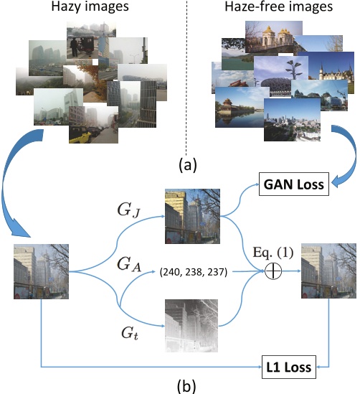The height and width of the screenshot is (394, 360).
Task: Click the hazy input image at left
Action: [x=42, y=271]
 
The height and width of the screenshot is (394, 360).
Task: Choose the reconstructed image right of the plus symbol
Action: [x=327, y=271]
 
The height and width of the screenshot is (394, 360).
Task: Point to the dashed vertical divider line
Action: [x=184, y=72]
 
